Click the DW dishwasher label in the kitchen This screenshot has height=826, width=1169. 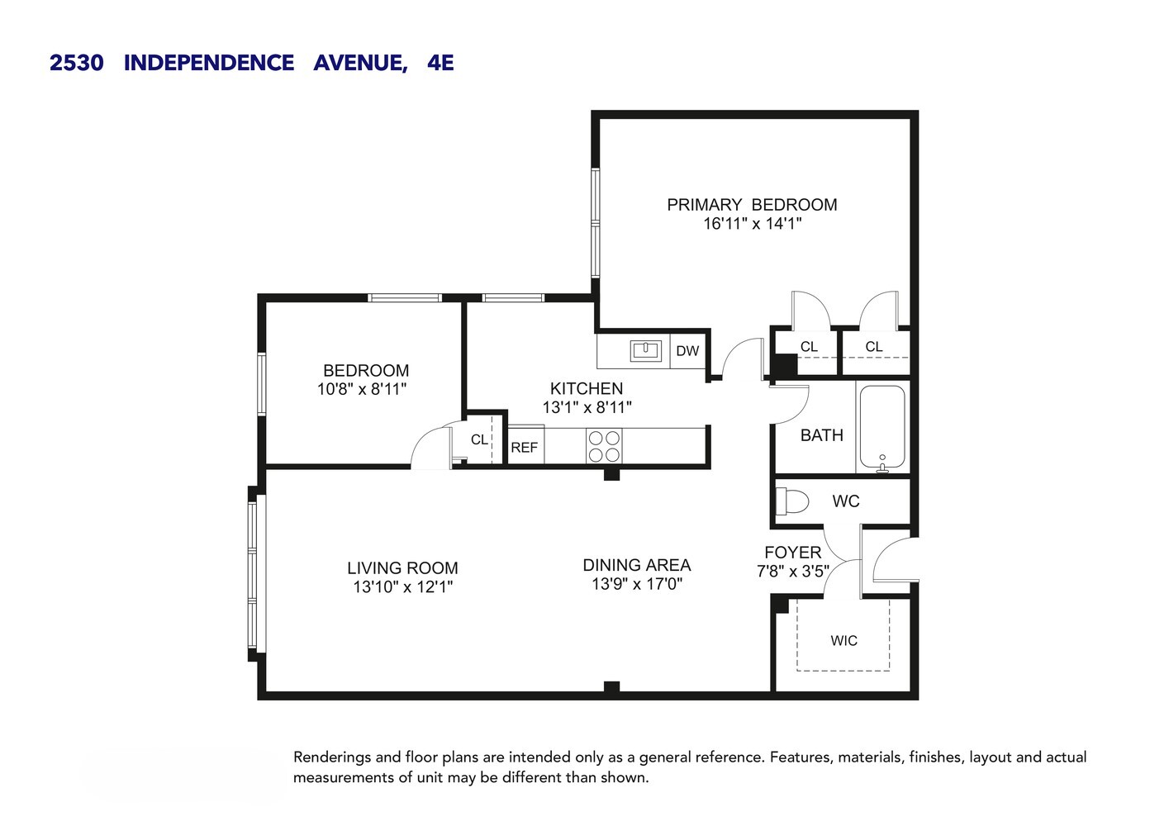pos(687,351)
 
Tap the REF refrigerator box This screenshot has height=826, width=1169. pos(525,447)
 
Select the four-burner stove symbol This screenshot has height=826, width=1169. pos(604,446)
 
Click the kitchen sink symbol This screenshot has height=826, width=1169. pos(645,350)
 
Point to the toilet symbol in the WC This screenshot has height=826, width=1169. pos(792,501)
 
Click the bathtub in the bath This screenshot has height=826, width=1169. pos(882,427)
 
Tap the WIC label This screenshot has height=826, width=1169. pos(843,641)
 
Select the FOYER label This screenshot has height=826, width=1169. pos(792,553)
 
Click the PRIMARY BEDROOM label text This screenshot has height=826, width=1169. pos(752,205)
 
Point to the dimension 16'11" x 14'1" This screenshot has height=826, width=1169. pos(752,224)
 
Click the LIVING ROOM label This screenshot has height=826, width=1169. pos(402,568)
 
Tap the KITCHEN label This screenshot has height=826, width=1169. pos(587,388)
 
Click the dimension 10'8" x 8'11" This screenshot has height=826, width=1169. pos(362,389)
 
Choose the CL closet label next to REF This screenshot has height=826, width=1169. pos(479,439)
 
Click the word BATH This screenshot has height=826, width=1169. pos(821,435)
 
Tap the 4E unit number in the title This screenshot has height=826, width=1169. pos(440,63)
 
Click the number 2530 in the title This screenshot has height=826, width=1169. pos(77,63)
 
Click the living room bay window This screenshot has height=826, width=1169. pos(254,574)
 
